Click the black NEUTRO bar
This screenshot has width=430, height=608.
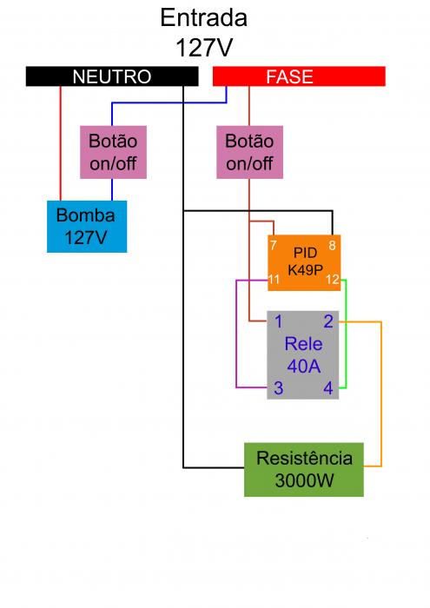click(112, 76)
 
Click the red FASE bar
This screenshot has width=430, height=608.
click(299, 76)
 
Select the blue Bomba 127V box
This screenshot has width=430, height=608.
click(87, 227)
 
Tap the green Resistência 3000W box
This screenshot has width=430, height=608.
click(304, 470)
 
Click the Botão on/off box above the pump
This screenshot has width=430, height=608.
click(113, 152)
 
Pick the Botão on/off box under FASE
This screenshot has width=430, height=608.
click(249, 152)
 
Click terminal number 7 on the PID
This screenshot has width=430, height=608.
click(274, 245)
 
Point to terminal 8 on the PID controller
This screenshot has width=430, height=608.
click(333, 245)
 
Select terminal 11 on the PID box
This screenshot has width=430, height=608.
click(274, 279)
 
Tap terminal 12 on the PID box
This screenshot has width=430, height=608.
click(333, 279)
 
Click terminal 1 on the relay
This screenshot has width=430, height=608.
click(278, 322)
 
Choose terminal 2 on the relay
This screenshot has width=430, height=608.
click(328, 321)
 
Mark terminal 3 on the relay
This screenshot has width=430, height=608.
click(278, 387)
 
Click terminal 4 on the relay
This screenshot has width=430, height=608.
click(328, 387)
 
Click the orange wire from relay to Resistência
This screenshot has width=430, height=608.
click(381, 393)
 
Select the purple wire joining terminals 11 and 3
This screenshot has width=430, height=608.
click(236, 334)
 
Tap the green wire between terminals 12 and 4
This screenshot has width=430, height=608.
click(346, 334)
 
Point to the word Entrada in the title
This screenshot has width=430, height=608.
click(204, 18)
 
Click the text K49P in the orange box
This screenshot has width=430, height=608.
click(305, 269)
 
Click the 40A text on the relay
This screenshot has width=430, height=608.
click(303, 366)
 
